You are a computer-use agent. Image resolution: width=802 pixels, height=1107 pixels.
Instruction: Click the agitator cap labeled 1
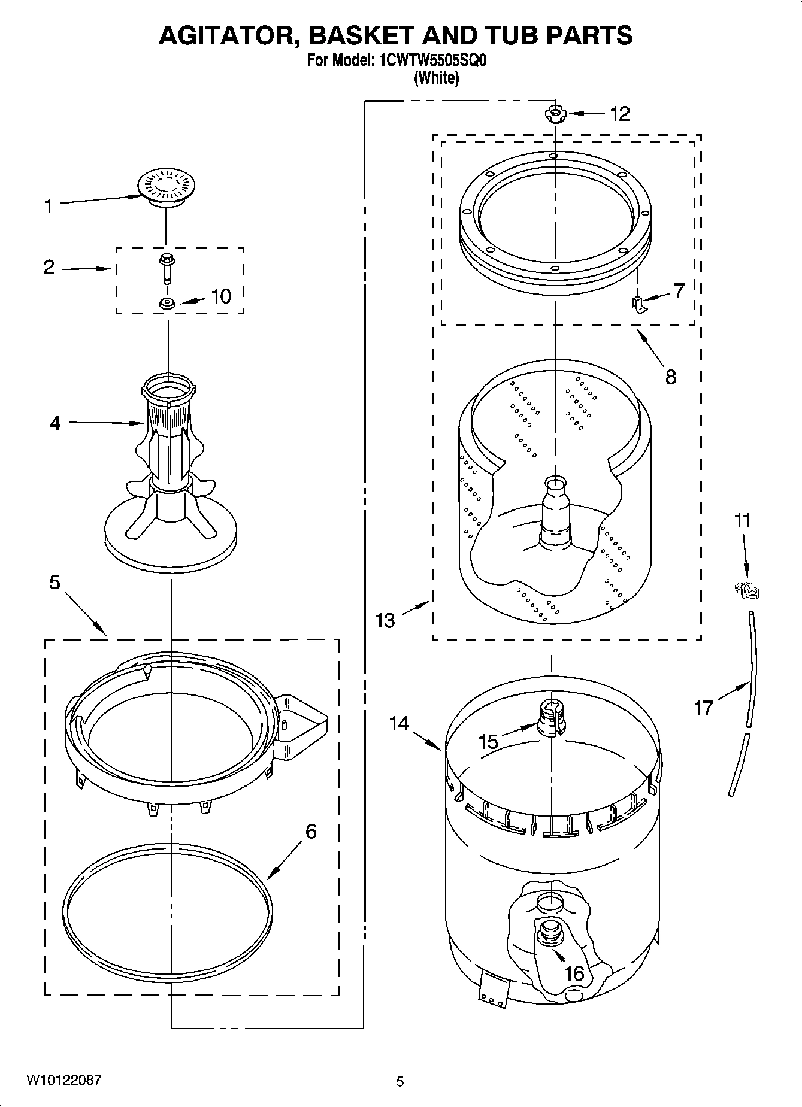pyautogui.click(x=165, y=187)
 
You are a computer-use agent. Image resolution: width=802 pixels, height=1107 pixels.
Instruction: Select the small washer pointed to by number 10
pyautogui.click(x=167, y=304)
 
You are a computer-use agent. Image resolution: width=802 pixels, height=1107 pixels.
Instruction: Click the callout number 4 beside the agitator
pyautogui.click(x=55, y=423)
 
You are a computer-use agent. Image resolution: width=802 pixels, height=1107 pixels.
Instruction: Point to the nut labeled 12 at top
pyautogui.click(x=555, y=113)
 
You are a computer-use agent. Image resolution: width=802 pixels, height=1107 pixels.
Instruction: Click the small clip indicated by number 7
pyautogui.click(x=639, y=305)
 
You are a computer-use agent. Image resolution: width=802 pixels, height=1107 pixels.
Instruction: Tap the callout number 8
pyautogui.click(x=670, y=377)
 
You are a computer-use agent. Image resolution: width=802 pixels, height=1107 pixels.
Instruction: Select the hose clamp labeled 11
pyautogui.click(x=746, y=590)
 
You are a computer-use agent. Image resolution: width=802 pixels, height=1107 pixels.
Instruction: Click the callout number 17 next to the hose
pyautogui.click(x=704, y=708)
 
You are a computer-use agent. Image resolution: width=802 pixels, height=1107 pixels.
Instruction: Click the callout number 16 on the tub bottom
pyautogui.click(x=574, y=973)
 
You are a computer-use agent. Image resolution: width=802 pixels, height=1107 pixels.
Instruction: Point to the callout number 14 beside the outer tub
pyautogui.click(x=399, y=724)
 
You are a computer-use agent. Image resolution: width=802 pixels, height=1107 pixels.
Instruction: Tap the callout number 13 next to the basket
pyautogui.click(x=386, y=620)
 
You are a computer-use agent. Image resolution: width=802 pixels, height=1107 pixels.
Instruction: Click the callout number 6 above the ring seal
pyautogui.click(x=311, y=831)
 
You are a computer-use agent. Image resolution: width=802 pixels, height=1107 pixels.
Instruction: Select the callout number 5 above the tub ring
pyautogui.click(x=55, y=581)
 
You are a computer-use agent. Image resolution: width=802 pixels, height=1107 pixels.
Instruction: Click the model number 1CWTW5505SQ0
pyautogui.click(x=427, y=60)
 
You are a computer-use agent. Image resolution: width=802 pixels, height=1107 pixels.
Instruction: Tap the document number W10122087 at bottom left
pyautogui.click(x=63, y=1080)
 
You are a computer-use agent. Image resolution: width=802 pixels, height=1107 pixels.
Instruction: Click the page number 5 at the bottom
pyautogui.click(x=400, y=1081)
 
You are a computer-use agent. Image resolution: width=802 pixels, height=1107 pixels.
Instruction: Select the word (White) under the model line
pyautogui.click(x=436, y=78)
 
